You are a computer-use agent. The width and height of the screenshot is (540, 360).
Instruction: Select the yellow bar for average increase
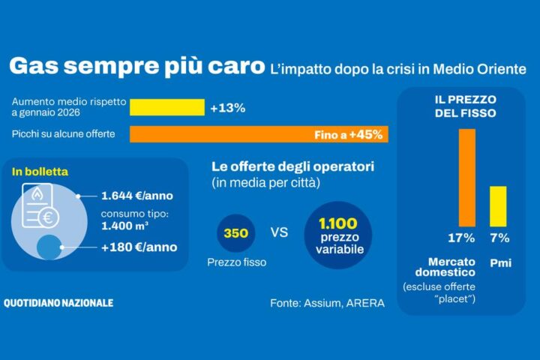pos(166,107)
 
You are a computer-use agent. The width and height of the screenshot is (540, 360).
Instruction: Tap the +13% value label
pos(227,108)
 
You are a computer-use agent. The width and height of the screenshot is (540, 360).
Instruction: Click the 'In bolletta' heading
pos(40,172)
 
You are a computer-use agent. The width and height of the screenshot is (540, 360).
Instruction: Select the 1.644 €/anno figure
pos(137,196)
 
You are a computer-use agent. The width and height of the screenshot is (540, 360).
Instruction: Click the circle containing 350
pos(235,232)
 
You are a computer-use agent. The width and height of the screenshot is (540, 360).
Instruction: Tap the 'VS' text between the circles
pos(279,232)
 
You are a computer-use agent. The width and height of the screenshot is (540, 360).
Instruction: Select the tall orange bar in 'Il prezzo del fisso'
pos(467,177)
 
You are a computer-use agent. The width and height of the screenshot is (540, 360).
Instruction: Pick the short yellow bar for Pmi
pos(498,205)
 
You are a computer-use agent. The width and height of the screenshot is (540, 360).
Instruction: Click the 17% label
pos(462,239)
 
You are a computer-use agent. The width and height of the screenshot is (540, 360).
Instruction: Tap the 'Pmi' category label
pos(499,263)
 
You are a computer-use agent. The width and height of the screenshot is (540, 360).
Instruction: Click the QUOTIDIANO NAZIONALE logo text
pos(58,303)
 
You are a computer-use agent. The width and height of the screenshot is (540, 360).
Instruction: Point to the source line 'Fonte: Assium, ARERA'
pos(327,304)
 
